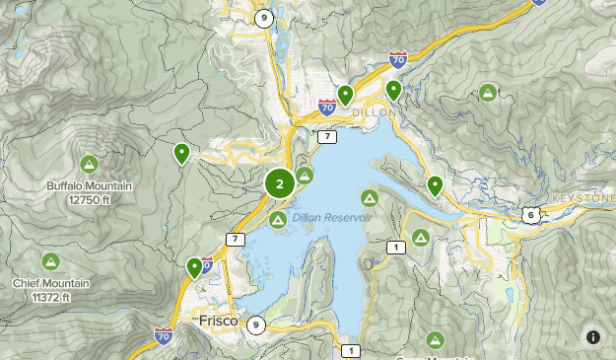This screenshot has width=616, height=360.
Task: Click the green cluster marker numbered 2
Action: click(x=280, y=183)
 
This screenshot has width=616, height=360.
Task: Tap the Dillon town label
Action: click(x=373, y=112)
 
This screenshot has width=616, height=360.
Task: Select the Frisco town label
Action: click(x=218, y=322)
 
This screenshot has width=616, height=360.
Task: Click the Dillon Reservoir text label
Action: click(x=331, y=217)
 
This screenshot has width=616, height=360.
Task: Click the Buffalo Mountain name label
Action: click(x=88, y=191)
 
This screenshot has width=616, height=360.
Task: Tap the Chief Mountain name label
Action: click(x=50, y=290)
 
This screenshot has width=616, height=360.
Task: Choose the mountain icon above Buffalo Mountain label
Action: click(x=89, y=163)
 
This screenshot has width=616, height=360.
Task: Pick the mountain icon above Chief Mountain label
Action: click(x=50, y=261)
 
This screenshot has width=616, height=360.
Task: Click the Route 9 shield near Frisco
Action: click(x=256, y=324)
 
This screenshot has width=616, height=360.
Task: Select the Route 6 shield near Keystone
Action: click(x=530, y=215)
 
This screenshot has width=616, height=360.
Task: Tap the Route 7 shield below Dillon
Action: click(x=327, y=136)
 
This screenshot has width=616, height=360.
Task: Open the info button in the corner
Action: click(x=592, y=336)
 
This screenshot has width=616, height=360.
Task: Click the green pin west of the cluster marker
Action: click(x=182, y=154)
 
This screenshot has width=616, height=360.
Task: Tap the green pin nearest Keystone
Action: click(x=435, y=184)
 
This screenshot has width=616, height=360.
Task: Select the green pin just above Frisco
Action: click(x=194, y=266)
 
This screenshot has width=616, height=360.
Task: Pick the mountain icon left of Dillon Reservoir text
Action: click(x=278, y=218)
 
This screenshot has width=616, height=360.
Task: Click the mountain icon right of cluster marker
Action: click(x=306, y=176)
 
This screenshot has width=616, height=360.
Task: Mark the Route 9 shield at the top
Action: click(x=262, y=18)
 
